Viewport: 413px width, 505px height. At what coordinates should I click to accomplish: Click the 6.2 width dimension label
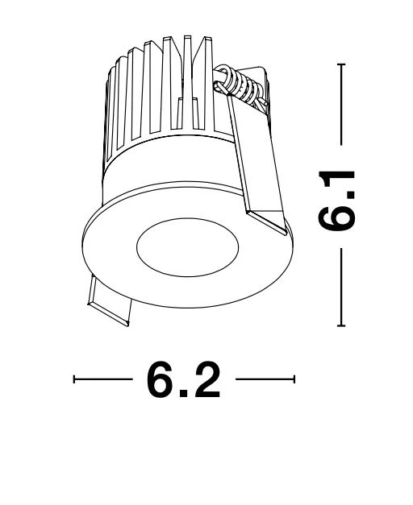point(184,379)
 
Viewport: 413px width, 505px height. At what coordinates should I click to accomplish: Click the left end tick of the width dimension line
point(74,379)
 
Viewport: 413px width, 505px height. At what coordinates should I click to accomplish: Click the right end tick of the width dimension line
point(294,379)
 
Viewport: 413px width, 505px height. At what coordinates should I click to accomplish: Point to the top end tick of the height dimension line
point(341,64)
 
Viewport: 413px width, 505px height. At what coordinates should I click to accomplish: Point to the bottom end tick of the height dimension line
point(341,326)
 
